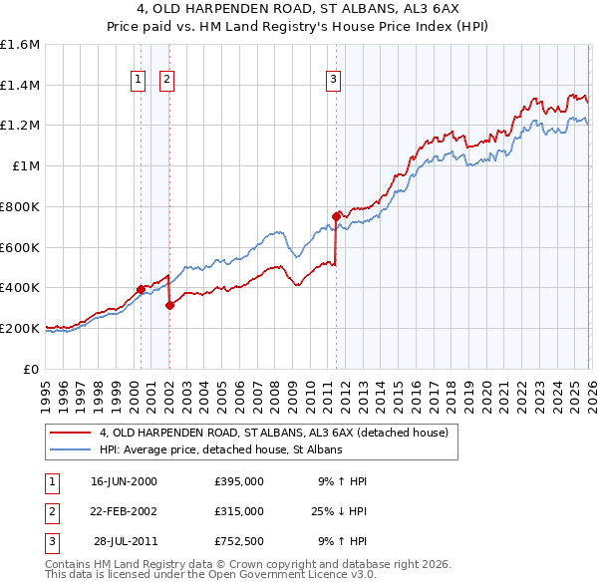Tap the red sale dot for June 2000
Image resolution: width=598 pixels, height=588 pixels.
pyautogui.click(x=141, y=289)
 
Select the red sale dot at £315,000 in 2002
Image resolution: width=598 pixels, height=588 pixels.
pyautogui.click(x=170, y=305)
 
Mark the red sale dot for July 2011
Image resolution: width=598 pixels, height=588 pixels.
pyautogui.click(x=336, y=215)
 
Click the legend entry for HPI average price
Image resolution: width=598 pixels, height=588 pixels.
pyautogui.click(x=220, y=450)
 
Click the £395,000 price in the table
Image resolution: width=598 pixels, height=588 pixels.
pyautogui.click(x=238, y=480)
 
